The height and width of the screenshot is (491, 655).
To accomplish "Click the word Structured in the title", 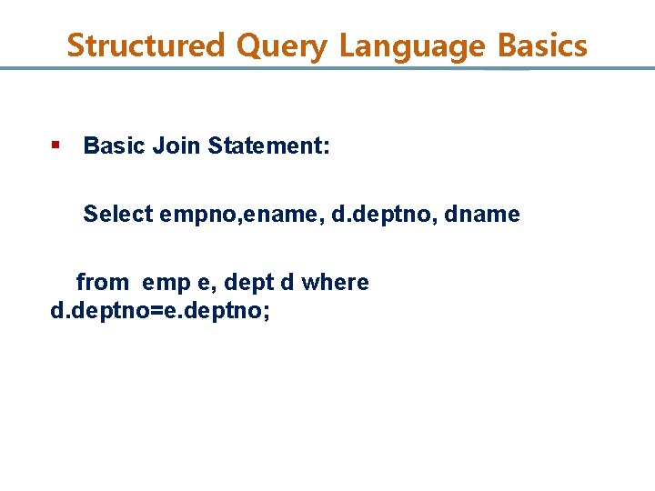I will coord(145,45).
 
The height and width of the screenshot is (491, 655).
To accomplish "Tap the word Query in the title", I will coord(281,45).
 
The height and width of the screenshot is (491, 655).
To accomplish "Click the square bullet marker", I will coord(55,145).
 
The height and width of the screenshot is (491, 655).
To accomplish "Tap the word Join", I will coord(176,145).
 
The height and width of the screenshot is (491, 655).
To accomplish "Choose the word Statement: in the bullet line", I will coord(269,145).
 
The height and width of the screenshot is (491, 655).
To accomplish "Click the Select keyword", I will coord(118,215).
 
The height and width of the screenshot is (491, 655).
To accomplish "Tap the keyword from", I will coord(102,283).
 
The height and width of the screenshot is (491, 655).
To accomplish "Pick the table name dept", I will coord(247,284).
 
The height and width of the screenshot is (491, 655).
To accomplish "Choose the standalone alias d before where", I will coord(287,283).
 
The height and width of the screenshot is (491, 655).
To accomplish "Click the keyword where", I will coord(335,283).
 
